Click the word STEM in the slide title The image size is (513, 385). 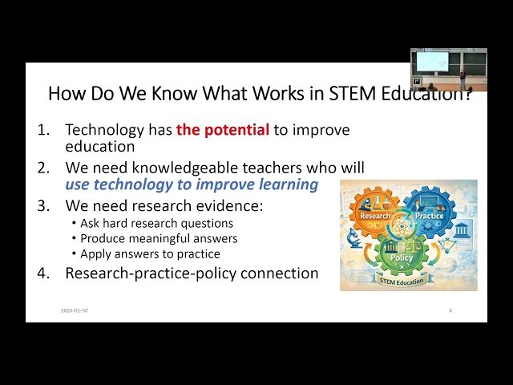(x=352, y=93)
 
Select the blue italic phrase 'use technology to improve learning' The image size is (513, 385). (x=192, y=184)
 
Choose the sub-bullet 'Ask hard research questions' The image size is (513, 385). (x=156, y=223)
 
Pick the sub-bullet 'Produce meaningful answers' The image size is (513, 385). (x=159, y=238)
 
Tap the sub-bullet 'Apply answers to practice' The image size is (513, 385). (x=150, y=253)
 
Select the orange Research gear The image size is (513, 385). (x=375, y=215)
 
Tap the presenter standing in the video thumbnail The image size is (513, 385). (x=462, y=79)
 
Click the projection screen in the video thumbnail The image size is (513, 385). (x=434, y=61)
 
